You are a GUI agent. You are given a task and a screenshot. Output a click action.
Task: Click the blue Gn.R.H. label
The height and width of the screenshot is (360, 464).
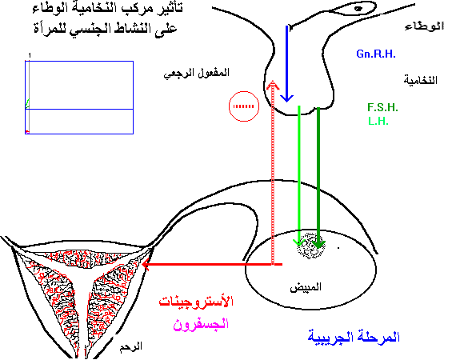point(376,54)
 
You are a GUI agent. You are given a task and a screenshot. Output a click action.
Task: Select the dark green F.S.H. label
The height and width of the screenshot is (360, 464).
point(382,107)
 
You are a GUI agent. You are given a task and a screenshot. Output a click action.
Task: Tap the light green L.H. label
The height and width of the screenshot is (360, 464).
point(378,121)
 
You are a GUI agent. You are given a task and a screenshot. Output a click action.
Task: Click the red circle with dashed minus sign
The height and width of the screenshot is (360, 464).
point(244,106)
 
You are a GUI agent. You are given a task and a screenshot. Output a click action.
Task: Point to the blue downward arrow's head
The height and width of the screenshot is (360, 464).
point(286,98)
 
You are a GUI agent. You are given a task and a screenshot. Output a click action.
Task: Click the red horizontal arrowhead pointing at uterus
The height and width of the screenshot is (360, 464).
point(146,264)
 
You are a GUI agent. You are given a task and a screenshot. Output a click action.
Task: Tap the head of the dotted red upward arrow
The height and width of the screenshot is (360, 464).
point(273,85)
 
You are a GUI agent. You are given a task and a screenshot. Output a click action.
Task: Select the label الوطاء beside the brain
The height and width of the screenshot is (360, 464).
point(424,26)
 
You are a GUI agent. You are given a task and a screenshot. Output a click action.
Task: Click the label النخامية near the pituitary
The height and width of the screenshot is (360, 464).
point(421,80)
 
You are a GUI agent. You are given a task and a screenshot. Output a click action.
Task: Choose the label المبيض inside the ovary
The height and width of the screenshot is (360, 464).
point(306,287)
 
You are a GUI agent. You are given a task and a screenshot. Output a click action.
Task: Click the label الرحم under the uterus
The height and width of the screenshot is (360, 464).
point(130,346)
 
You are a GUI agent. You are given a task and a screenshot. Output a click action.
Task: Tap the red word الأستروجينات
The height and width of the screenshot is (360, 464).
point(196,302)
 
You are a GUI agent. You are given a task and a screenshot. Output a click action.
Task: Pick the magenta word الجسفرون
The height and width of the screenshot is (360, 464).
point(201,324)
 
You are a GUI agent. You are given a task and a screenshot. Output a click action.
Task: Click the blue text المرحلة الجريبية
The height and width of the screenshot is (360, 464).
point(354,337)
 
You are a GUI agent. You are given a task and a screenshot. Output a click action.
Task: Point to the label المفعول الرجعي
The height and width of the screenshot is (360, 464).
point(197,73)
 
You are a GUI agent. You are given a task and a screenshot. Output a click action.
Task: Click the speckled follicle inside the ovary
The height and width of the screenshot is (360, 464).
point(310,246)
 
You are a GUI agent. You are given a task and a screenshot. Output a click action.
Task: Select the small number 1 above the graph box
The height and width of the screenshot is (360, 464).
point(30,55)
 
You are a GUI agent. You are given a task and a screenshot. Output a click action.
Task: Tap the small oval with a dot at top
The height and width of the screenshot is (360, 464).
point(353,8)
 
